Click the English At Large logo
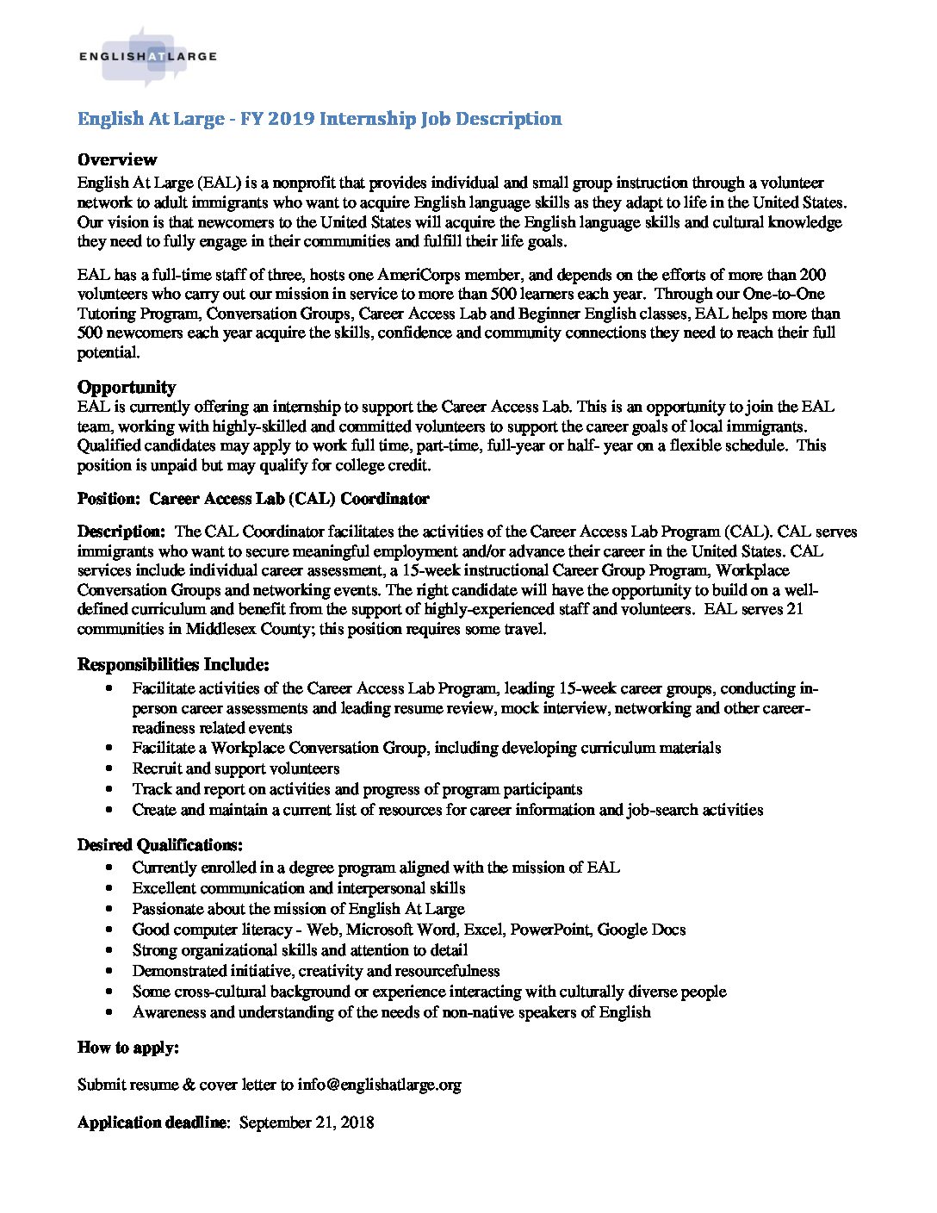[146, 57]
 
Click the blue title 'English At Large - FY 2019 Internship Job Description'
[320, 119]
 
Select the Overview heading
[117, 159]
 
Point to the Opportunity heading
[127, 387]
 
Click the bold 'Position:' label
[108, 499]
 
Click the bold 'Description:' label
[121, 532]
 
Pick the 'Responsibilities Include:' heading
[173, 664]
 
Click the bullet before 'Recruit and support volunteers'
[109, 768]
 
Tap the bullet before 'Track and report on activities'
[109, 789]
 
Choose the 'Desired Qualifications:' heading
[159, 844]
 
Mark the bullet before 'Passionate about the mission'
[109, 909]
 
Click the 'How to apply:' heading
[128, 1048]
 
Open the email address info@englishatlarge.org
[379, 1085]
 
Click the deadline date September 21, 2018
[307, 1123]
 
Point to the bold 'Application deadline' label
[152, 1123]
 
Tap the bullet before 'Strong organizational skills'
[109, 950]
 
